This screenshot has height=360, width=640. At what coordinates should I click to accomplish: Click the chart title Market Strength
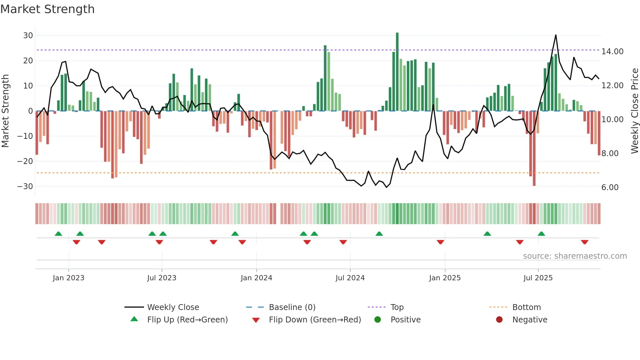point(47,9)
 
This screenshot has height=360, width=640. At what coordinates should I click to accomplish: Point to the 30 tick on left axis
point(28,36)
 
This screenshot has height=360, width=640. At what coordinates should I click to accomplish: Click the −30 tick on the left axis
point(25,187)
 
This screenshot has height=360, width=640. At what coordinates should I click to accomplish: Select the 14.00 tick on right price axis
point(612,52)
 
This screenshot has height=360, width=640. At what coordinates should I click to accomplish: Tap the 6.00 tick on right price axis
point(610,188)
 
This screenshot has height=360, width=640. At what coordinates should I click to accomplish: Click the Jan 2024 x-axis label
point(256,278)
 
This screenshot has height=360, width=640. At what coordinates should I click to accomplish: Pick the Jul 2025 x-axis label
point(538,278)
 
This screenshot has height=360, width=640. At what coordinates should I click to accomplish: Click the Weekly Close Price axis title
point(634,111)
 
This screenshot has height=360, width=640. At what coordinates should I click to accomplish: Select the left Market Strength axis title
point(5,111)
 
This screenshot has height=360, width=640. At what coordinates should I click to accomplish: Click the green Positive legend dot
point(378,320)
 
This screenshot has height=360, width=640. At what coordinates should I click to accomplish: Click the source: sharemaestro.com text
point(575,256)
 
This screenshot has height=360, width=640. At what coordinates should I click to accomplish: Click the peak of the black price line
point(556,35)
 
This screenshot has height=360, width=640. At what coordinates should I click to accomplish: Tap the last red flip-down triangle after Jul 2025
point(584,242)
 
